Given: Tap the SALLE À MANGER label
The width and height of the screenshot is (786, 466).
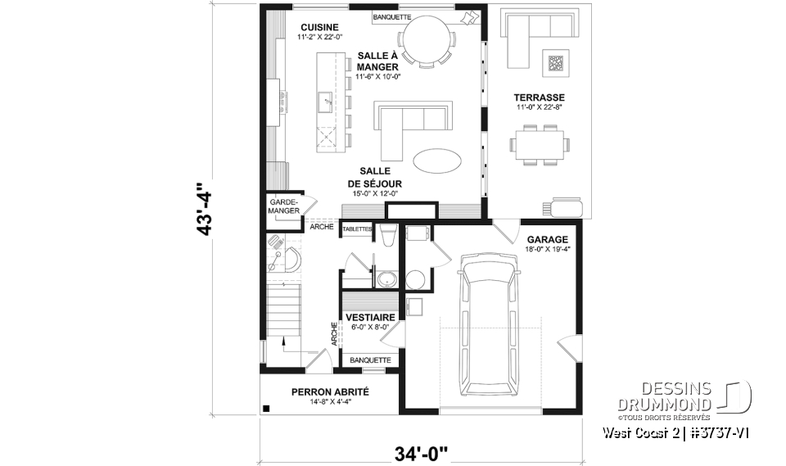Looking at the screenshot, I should (x=377, y=61).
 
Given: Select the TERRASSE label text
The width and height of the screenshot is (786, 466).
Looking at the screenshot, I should (x=540, y=97).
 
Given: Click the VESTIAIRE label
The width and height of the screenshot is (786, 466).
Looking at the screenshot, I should (x=371, y=317).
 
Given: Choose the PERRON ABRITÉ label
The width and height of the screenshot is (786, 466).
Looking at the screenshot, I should (x=330, y=392).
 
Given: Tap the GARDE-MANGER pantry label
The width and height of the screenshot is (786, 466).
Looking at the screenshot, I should (x=282, y=205).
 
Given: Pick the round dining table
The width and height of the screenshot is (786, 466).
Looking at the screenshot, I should (x=425, y=39).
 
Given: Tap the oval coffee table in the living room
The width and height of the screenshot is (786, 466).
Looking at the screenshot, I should (x=436, y=161).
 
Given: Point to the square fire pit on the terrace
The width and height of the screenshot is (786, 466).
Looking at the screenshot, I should (x=557, y=62).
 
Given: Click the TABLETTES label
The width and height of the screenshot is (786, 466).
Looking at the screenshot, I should (x=358, y=229).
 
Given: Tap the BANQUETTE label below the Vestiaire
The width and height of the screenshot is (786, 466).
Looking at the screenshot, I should (x=370, y=360).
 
